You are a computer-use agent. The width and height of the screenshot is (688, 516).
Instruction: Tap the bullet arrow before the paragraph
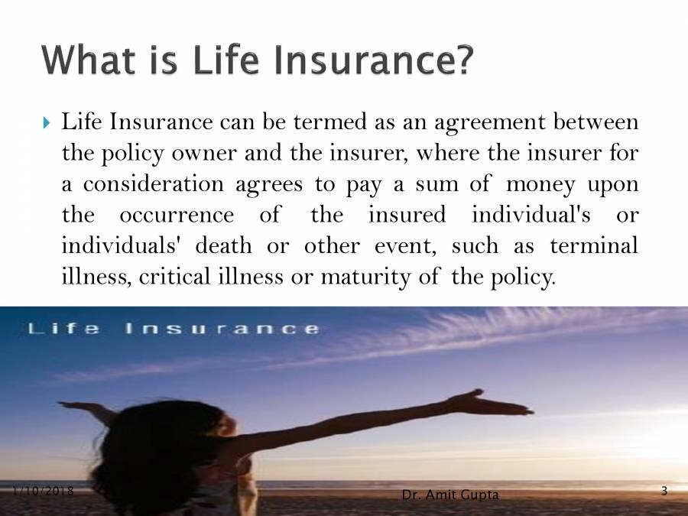46,122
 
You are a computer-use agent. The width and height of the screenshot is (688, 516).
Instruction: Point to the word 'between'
601,122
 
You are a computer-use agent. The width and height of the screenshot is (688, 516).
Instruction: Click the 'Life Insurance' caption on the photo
173,329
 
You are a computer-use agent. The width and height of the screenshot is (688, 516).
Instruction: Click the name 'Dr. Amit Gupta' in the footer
450,495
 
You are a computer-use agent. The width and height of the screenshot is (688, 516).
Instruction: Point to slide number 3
664,491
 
